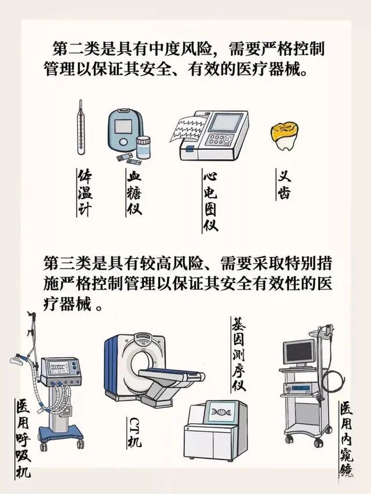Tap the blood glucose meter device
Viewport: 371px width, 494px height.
coord(122,132)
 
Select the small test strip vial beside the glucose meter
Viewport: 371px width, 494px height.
coord(143,147)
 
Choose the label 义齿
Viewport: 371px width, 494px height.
coord(284,184)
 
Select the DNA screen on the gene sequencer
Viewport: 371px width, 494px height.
coord(220,412)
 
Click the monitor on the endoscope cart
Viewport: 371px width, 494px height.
coord(299,351)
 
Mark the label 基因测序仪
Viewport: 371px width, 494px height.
coord(239,354)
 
